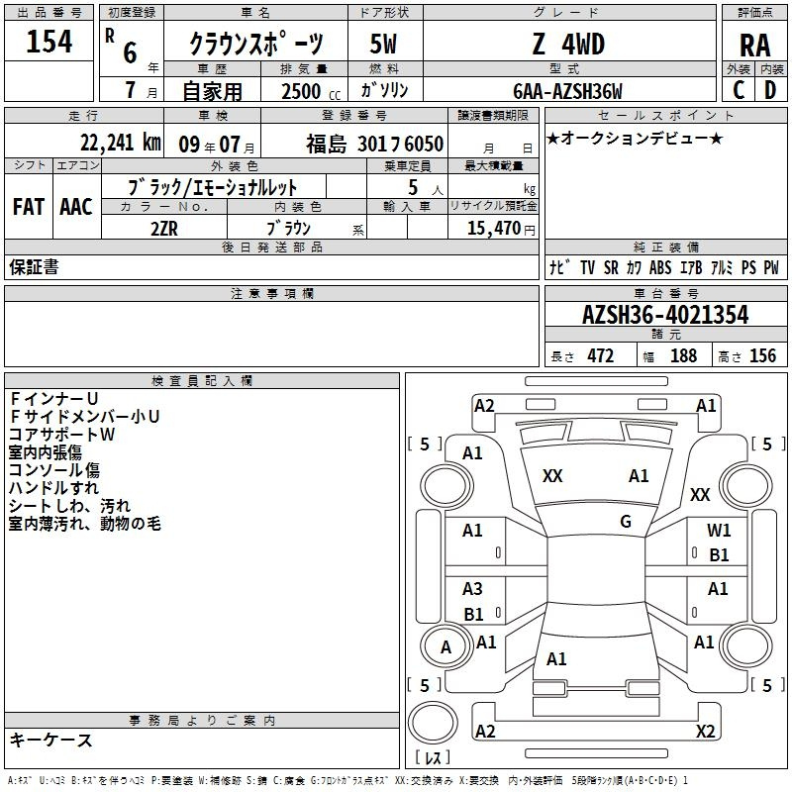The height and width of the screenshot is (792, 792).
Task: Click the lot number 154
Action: tap(49, 41)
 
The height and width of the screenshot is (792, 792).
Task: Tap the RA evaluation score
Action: tap(754, 46)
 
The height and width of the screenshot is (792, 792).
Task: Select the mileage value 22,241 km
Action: tap(120, 143)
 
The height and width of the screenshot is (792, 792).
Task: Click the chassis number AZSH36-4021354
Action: tap(665, 315)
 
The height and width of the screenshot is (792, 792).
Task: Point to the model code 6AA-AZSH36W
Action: tap(567, 91)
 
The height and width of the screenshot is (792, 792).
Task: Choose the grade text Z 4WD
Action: tap(568, 44)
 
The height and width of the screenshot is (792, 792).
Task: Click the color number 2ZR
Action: tap(164, 229)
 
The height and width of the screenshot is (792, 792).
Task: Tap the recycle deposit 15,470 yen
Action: tap(501, 229)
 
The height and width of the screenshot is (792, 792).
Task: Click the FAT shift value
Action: tap(29, 207)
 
